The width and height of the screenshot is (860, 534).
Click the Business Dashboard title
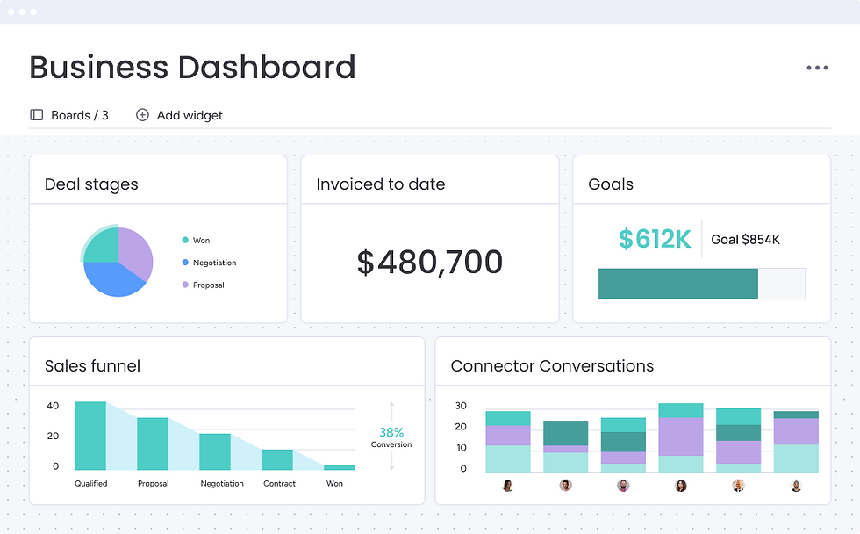coord(192,68)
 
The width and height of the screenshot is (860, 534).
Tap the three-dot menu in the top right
coord(817,68)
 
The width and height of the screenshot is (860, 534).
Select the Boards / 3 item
coord(69,115)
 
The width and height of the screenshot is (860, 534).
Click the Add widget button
coord(180,115)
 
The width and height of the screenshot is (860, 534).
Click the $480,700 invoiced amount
coord(429,263)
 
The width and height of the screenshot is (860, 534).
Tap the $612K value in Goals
coord(655,238)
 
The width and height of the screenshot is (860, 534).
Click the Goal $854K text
coord(745,239)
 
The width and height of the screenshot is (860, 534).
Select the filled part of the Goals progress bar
coord(677,284)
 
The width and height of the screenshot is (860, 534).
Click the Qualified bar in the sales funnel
coord(90,436)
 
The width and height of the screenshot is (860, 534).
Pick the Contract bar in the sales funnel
coord(277,459)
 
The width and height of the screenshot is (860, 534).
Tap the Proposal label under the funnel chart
coord(153,483)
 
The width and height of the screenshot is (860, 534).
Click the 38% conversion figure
coord(391,432)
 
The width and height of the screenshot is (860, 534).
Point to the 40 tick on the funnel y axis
coord(53,406)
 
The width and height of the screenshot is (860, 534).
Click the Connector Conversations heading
coord(552,365)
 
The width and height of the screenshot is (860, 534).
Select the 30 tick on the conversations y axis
coord(461,406)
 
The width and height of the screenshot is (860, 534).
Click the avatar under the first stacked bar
coord(507,485)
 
